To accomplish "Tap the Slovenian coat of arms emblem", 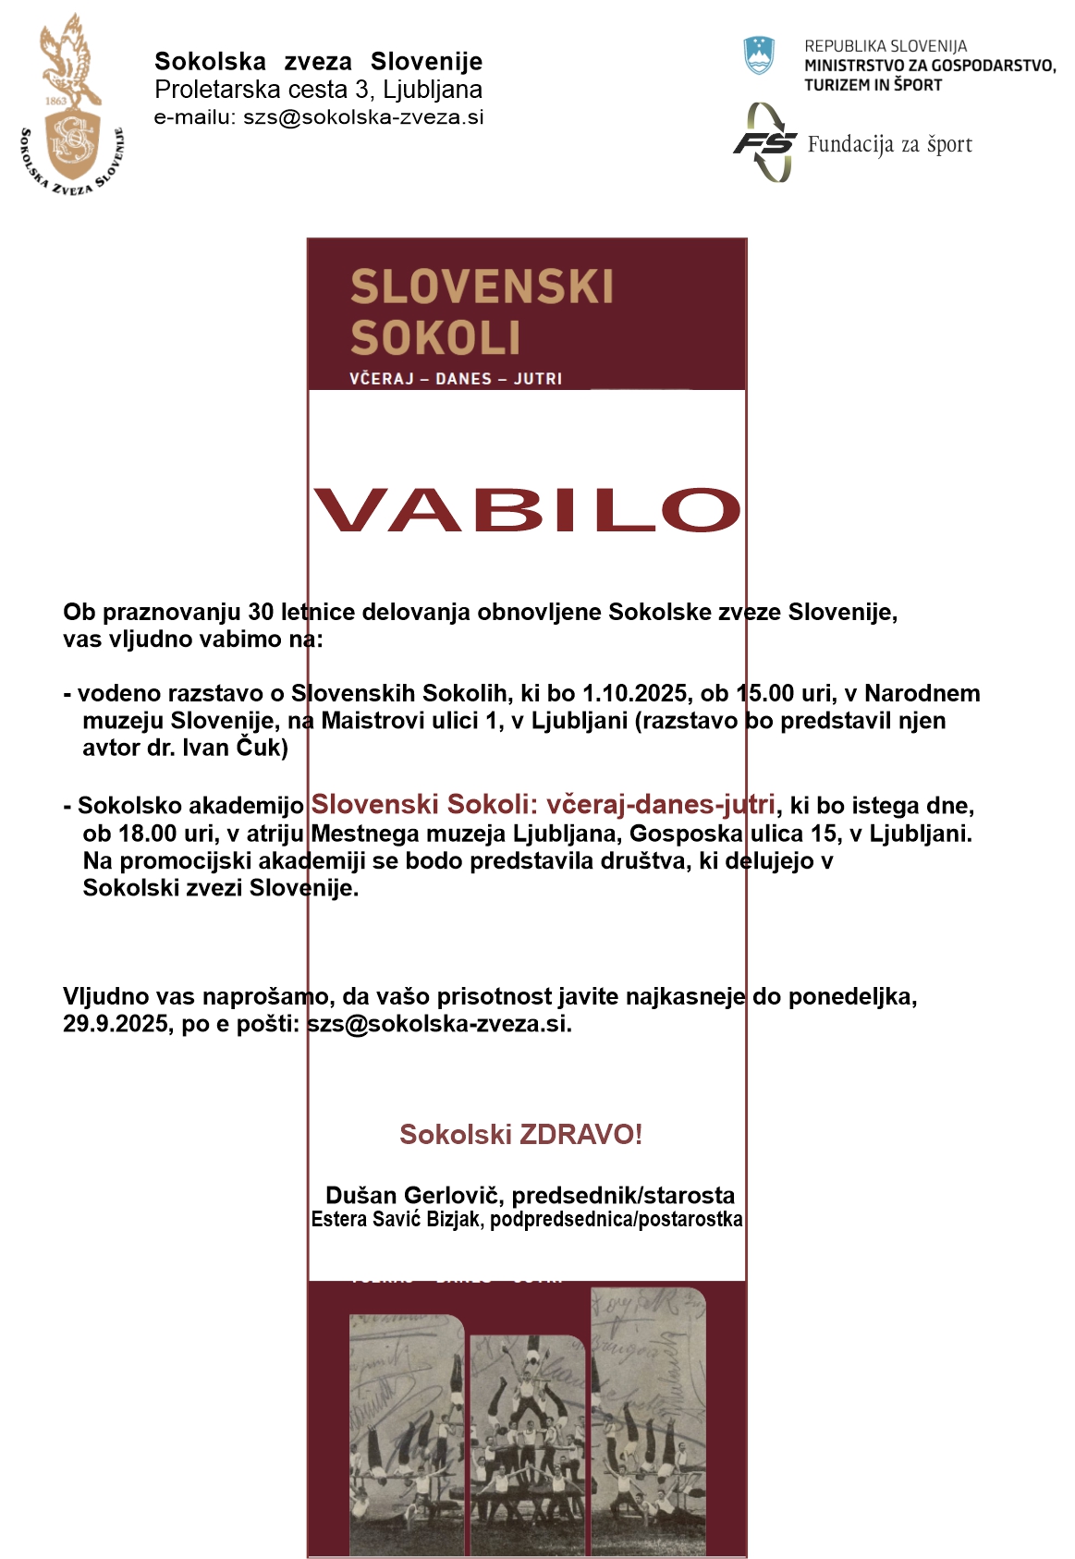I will click(x=759, y=55).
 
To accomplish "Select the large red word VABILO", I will click(x=527, y=510).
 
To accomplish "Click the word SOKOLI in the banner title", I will click(x=435, y=337).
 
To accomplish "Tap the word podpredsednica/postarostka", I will click(x=616, y=1220).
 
